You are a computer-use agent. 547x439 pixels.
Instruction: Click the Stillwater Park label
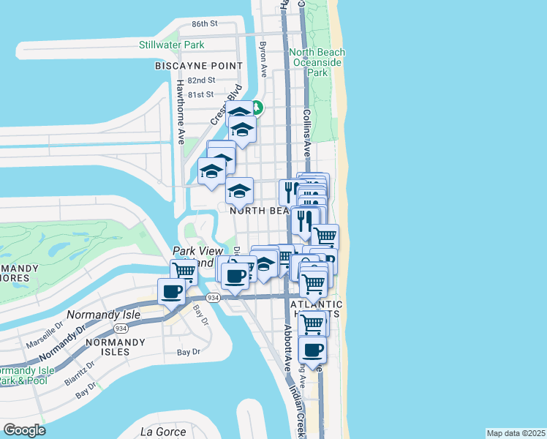(x=172, y=45)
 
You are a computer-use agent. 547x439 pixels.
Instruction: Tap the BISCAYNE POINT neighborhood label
(x=198, y=66)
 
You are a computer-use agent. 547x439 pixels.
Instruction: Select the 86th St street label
(x=205, y=23)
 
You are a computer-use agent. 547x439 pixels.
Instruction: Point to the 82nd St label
(x=201, y=80)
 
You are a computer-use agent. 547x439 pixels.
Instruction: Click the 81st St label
(x=200, y=94)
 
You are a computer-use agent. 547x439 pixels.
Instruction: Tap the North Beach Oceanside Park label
(x=317, y=62)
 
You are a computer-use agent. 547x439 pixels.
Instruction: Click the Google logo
(x=24, y=430)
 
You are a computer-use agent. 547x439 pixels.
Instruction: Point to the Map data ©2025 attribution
(x=516, y=433)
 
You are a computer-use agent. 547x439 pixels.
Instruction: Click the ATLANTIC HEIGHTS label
(x=316, y=309)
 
